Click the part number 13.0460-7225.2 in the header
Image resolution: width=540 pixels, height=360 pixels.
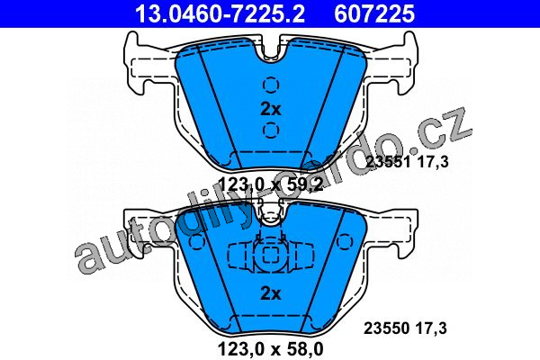pyautogui.click(x=220, y=13)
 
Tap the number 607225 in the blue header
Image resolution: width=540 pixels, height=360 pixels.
pyautogui.click(x=374, y=13)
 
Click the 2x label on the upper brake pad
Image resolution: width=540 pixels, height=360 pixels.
pyautogui.click(x=271, y=110)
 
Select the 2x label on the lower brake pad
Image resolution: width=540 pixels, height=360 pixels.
pyautogui.click(x=271, y=294)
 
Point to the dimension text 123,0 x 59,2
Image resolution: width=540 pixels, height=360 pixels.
pyautogui.click(x=271, y=184)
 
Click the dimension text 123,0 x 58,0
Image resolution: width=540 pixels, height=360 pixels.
pyautogui.click(x=271, y=349)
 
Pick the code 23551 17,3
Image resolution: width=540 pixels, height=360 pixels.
pyautogui.click(x=407, y=162)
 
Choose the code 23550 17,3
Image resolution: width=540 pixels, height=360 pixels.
pyautogui.click(x=406, y=328)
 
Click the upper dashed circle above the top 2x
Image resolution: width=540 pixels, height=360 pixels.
pyautogui.click(x=271, y=85)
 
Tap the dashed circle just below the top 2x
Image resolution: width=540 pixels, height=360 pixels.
pyautogui.click(x=271, y=130)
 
